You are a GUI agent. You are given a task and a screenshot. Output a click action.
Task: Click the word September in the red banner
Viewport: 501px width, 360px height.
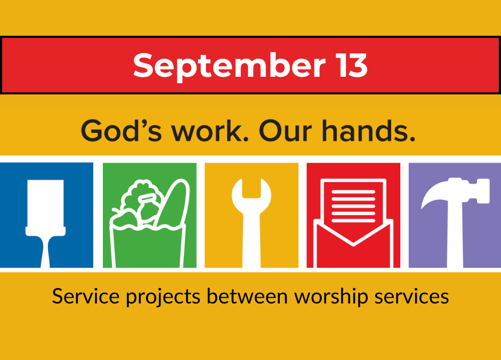pyautogui.click(x=229, y=67)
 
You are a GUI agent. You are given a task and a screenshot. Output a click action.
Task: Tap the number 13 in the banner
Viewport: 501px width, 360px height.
pyautogui.click(x=353, y=65)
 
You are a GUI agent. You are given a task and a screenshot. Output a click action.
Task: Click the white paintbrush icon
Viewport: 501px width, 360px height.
pyautogui.click(x=45, y=223)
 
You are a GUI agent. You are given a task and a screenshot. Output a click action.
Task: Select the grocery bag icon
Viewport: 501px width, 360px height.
pyautogui.click(x=150, y=223)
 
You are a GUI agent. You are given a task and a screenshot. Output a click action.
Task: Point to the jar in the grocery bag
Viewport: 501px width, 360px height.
pyautogui.click(x=148, y=207)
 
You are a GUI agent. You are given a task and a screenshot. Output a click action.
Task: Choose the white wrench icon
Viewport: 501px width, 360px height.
pyautogui.click(x=252, y=223)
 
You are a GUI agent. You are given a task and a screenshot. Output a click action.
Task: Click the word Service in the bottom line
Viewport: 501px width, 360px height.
pyautogui.click(x=86, y=296)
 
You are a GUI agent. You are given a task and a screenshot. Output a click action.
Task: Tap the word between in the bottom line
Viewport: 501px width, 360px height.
pyautogui.click(x=247, y=296)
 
